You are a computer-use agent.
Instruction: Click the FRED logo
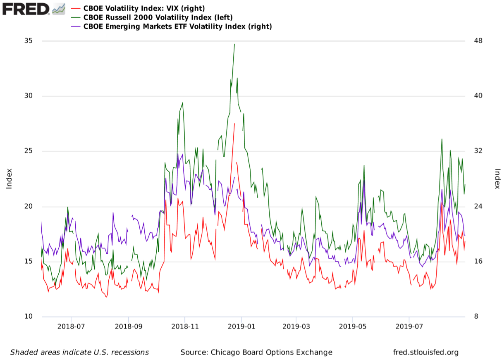(33, 8)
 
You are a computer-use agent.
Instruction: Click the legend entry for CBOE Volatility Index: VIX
(143, 8)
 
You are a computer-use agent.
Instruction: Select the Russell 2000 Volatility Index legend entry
(158, 17)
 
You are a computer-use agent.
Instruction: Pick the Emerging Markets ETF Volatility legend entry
(177, 26)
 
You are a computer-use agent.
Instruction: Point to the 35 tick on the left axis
(28, 41)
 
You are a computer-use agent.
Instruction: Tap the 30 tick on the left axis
(28, 96)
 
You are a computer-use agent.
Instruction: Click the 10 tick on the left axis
(28, 317)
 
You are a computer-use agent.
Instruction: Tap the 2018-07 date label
(71, 326)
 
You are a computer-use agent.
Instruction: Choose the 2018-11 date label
(184, 326)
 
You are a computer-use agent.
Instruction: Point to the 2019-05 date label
(352, 326)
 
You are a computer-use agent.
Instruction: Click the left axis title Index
(9, 179)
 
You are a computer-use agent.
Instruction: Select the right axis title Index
(497, 179)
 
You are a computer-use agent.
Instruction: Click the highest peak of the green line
(234, 44)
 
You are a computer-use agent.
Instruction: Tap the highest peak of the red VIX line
(234, 123)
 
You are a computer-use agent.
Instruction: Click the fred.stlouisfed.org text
(426, 353)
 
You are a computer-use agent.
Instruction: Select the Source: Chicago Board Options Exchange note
(256, 353)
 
